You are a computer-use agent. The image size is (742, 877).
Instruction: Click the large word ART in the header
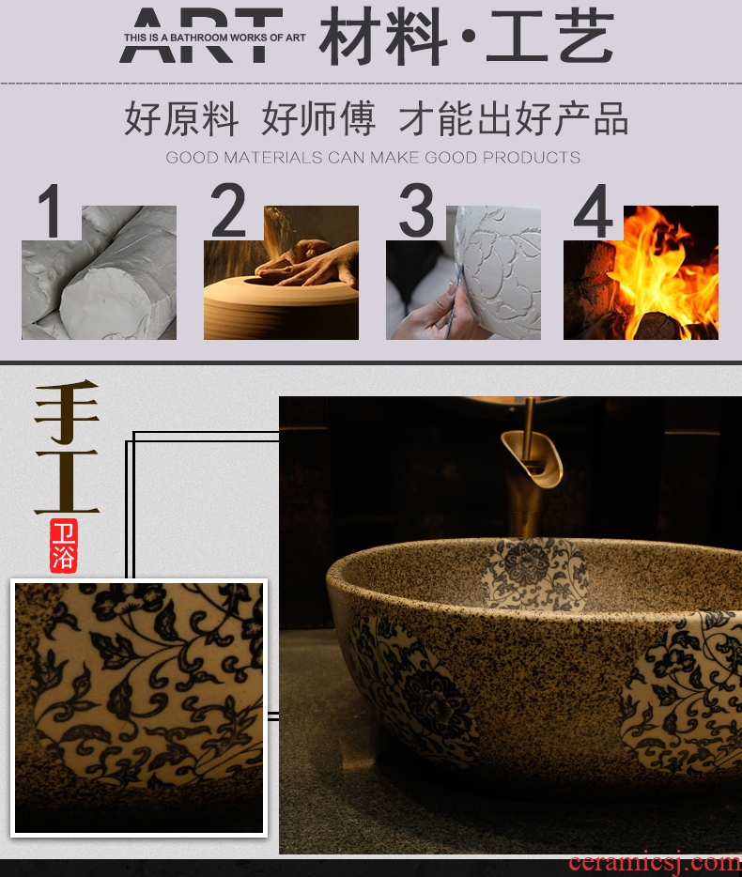(201, 35)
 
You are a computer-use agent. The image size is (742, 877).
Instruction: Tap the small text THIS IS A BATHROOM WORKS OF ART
(215, 38)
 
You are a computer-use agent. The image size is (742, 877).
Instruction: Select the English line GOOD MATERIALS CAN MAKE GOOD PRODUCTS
(373, 157)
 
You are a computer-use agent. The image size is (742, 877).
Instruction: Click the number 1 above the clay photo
(51, 211)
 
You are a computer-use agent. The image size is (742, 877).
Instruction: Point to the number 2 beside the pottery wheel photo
(227, 209)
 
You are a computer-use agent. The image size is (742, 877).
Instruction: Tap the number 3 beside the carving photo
(416, 209)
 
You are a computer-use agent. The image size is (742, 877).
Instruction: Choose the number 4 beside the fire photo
(593, 211)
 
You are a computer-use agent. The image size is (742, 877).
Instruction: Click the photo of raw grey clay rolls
(99, 272)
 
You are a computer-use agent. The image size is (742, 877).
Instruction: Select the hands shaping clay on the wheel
(306, 262)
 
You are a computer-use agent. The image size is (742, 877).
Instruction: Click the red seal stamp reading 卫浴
(63, 546)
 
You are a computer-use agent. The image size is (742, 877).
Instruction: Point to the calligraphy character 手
(67, 411)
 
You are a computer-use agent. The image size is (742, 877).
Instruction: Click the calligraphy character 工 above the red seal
(67, 481)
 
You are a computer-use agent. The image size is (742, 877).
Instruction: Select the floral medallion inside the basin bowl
(532, 574)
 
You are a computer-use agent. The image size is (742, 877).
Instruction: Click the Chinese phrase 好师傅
(318, 118)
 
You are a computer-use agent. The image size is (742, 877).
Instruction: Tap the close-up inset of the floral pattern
(139, 708)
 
